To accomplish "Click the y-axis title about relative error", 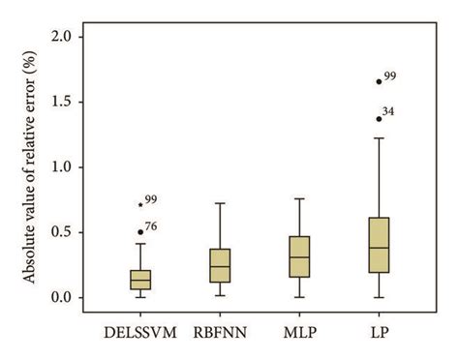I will [30, 166].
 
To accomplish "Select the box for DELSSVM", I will [140, 279].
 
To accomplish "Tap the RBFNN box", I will [220, 265].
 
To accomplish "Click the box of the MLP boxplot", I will [299, 256].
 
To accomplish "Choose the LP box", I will [379, 245].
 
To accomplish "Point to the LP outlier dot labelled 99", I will [379, 81].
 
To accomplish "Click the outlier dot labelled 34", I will [379, 118].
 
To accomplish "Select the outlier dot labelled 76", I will [140, 232].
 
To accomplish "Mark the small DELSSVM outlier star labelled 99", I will [140, 204].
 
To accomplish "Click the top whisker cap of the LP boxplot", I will [379, 138].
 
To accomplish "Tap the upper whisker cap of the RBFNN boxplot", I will [220, 203].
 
